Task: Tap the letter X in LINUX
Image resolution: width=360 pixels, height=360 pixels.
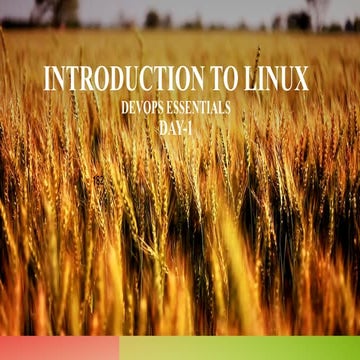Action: (301, 79)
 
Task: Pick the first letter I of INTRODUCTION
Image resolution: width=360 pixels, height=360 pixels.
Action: (47, 79)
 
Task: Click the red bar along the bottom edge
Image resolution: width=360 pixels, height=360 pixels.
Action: (59, 348)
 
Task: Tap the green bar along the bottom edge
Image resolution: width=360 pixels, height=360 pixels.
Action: (239, 348)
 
